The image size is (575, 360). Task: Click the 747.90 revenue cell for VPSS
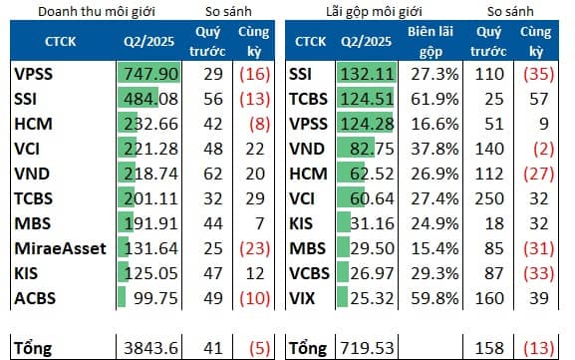coord(151,74)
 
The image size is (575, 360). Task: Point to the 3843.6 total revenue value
coord(152,348)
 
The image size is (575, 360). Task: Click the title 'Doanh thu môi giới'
coord(79,11)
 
